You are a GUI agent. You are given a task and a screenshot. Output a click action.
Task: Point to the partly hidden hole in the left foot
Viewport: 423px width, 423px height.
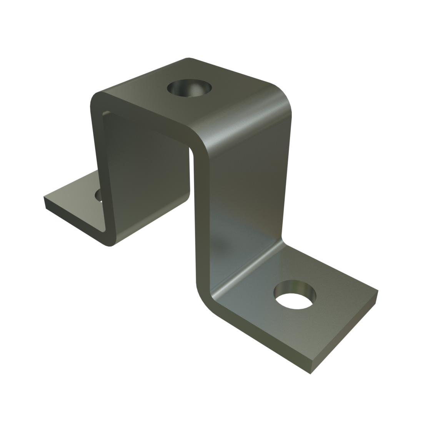point(98,195)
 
